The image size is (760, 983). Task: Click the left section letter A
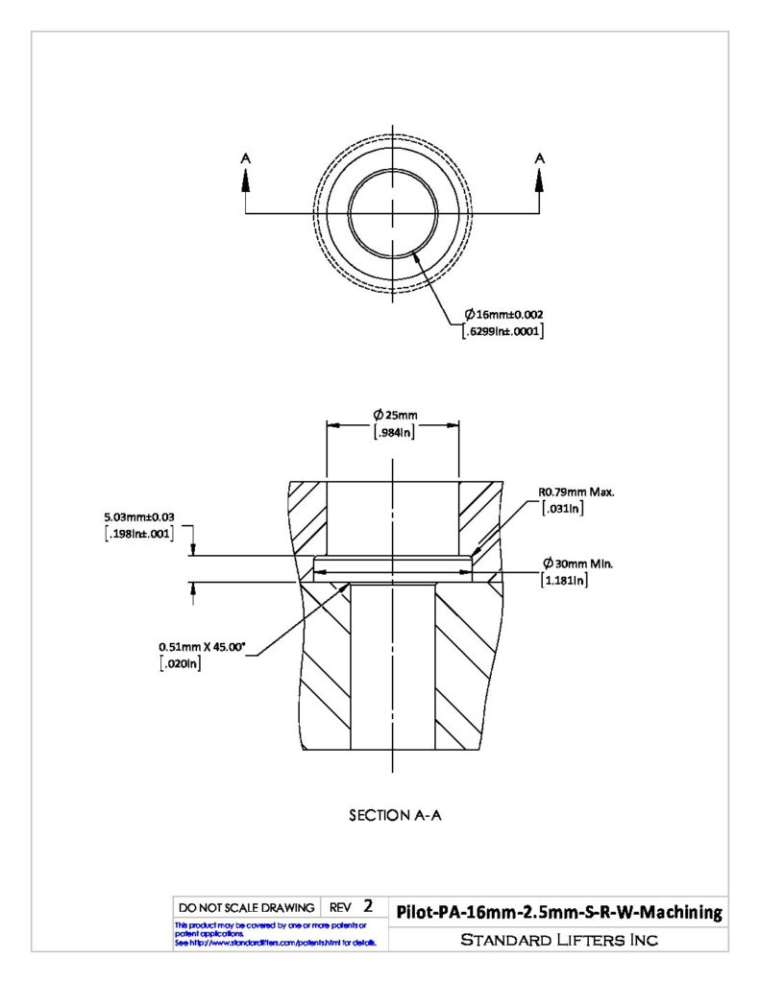coord(246,158)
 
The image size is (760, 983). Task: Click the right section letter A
coord(540,158)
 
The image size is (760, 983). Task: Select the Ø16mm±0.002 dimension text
coord(503,314)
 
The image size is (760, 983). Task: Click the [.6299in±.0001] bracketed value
coord(503,331)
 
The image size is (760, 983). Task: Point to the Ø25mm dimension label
coord(395,415)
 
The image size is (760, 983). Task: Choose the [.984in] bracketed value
coord(394,432)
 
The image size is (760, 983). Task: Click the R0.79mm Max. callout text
coord(576,492)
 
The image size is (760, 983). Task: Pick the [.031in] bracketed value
coord(563,509)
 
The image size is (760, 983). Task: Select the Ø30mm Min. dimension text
coord(578,563)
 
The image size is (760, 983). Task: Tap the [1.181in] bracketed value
coord(564,581)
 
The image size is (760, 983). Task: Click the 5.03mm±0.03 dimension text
coord(139,517)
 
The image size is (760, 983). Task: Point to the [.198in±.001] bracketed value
coord(138,534)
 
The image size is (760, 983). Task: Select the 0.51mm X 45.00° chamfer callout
coord(201,646)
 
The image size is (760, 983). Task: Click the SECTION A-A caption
coord(396,815)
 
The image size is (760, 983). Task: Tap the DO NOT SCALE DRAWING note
coord(247,907)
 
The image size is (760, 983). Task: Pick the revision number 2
coord(368,906)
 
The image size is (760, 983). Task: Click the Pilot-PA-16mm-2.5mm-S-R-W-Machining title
coord(559,912)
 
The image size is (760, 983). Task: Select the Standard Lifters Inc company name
coord(559,939)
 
